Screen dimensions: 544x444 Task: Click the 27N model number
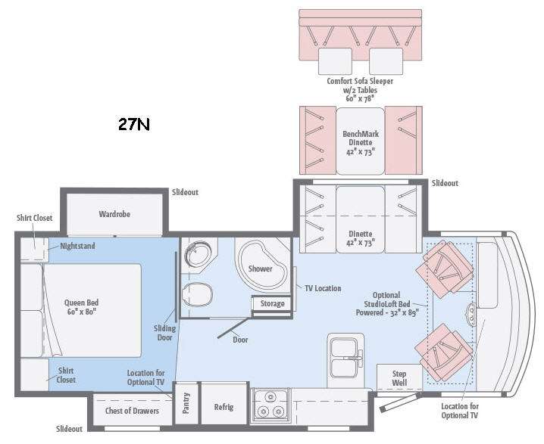click(x=134, y=124)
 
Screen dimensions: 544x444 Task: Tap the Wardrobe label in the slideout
click(x=114, y=214)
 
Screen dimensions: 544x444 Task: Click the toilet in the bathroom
click(x=197, y=294)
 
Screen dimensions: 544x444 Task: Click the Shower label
click(x=260, y=269)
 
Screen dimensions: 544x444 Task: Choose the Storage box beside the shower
click(x=272, y=304)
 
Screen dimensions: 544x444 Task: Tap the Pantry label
click(x=186, y=403)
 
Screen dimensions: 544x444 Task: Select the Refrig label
click(x=224, y=407)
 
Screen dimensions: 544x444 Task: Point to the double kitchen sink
click(x=344, y=359)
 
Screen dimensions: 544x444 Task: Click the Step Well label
click(x=399, y=378)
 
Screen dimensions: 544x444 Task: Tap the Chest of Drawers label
click(x=132, y=411)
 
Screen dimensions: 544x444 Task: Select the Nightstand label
click(x=77, y=246)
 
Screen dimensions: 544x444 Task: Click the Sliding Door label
click(x=164, y=333)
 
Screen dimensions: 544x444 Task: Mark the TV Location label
click(x=323, y=288)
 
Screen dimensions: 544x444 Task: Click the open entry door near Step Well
click(x=401, y=402)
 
